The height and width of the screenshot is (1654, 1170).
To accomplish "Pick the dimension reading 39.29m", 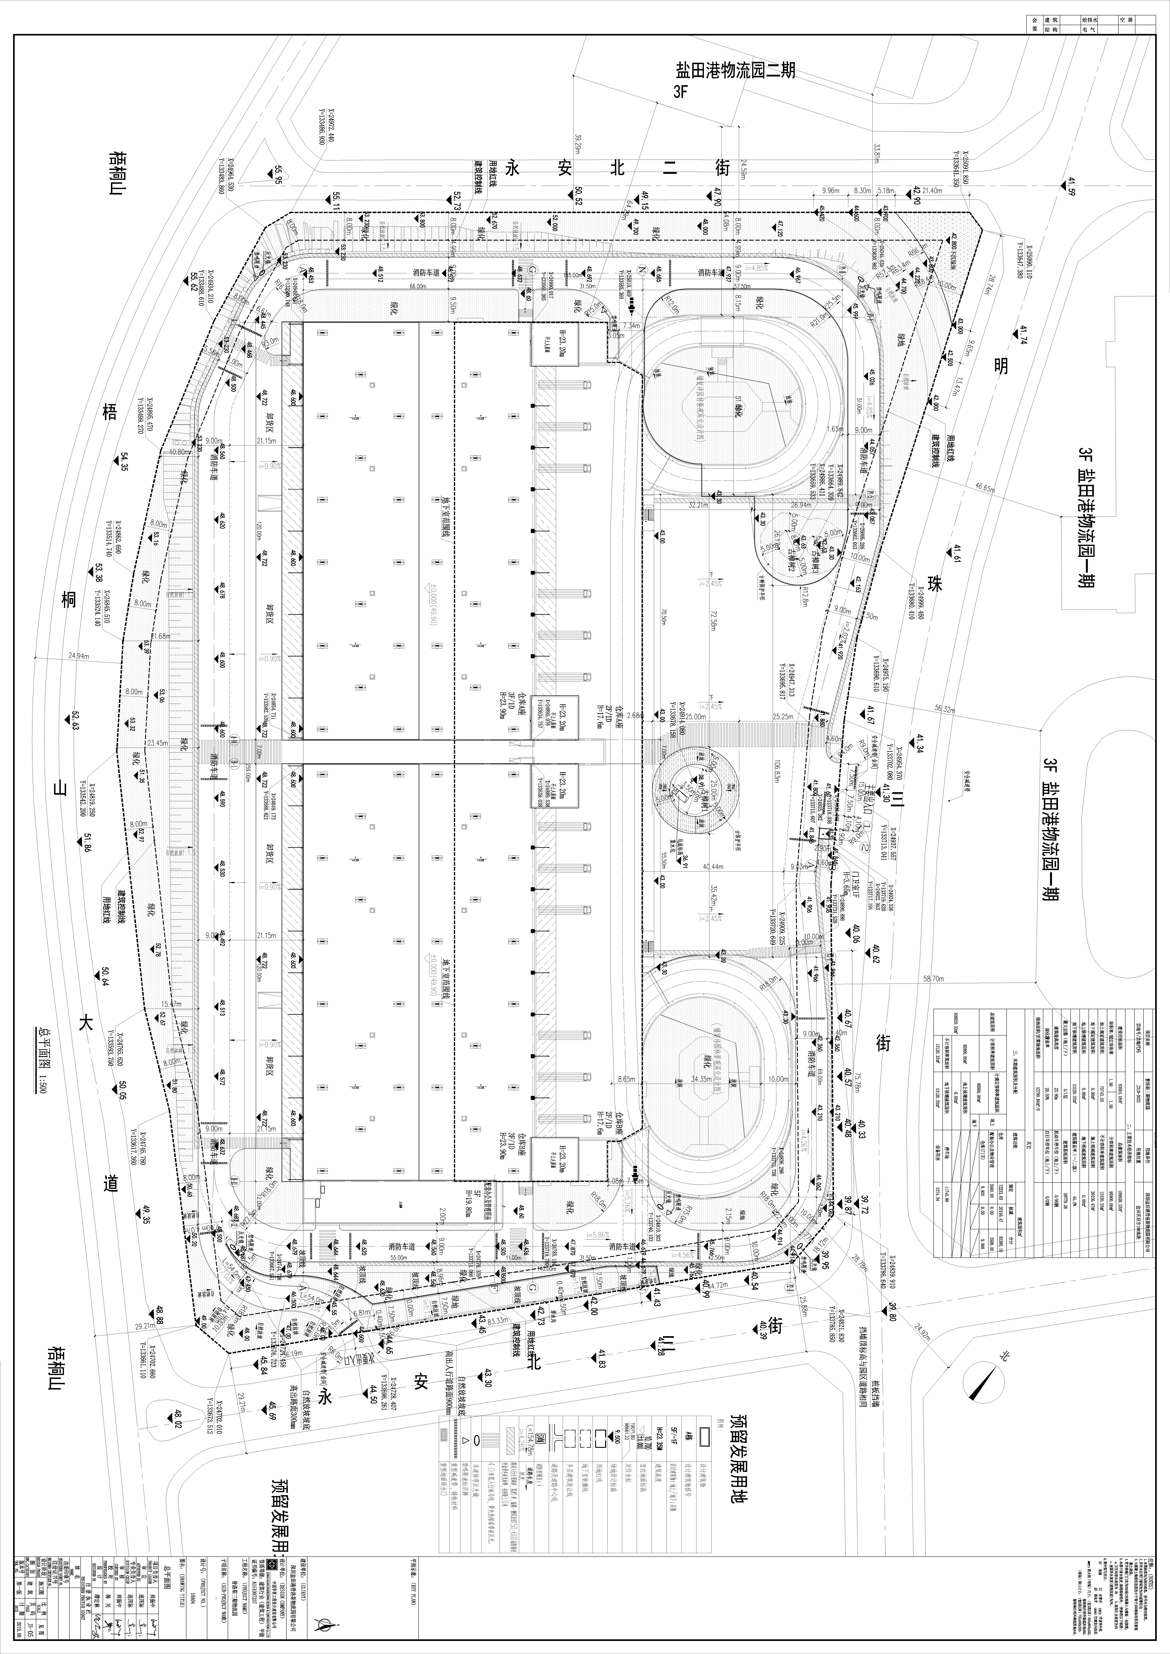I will pos(577,144).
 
